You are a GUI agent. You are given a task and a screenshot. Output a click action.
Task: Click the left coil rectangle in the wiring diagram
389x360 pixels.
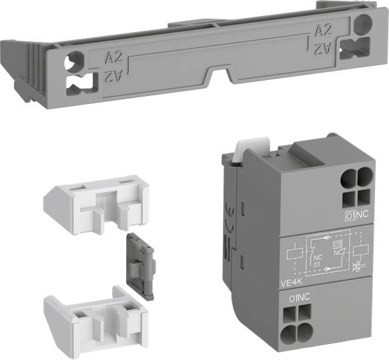[x=292, y=254]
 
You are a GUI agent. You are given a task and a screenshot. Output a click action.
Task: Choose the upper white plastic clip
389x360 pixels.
[x=95, y=197]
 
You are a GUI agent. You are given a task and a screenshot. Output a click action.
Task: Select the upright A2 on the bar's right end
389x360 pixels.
[x=323, y=31]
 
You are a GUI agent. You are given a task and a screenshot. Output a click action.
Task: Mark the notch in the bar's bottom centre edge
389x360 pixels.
[x=221, y=73]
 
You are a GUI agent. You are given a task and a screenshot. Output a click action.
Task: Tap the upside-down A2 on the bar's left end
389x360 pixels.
[x=112, y=77]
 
